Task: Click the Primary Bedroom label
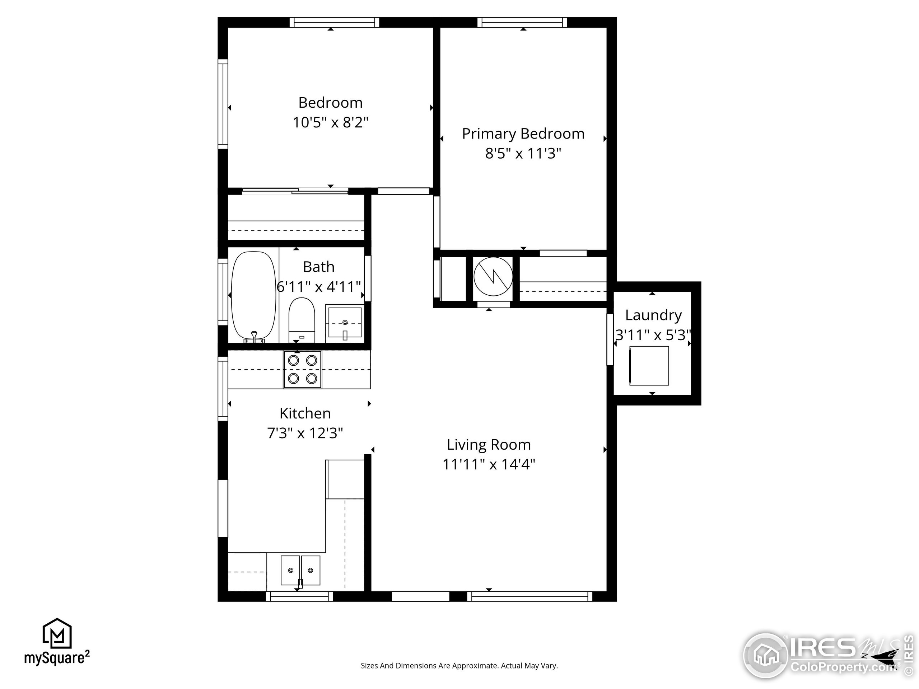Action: point(523,134)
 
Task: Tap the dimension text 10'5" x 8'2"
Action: point(330,122)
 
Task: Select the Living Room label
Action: point(489,445)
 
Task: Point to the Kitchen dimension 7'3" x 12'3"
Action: point(305,433)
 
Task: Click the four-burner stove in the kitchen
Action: point(303,369)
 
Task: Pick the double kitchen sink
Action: point(300,570)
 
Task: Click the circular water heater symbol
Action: point(493,276)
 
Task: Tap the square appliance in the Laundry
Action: point(649,365)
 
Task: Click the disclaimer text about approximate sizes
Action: point(459,666)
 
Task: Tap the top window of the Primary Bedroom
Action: point(522,22)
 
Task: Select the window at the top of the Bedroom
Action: point(334,22)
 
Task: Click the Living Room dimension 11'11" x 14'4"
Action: point(489,464)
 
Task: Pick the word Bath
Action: point(318,267)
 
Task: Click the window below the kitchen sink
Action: point(299,596)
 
